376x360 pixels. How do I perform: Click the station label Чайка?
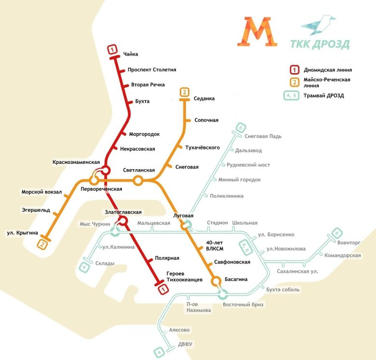pos(131,54)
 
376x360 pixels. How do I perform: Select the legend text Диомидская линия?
pos(327,70)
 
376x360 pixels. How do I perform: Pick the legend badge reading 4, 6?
pos(291,95)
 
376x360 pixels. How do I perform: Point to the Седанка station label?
pos(204,99)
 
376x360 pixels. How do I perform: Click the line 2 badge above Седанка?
pos(184,92)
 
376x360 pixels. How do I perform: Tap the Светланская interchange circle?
pos(138,181)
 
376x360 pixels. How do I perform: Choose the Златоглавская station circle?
pos(123,221)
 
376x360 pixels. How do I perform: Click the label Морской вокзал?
pos(41,192)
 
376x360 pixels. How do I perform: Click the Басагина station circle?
pos(216,280)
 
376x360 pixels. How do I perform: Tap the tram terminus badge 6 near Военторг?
pos(336,235)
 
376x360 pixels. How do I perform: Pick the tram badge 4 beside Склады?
pos(85,267)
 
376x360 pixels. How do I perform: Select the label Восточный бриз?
pos(243,305)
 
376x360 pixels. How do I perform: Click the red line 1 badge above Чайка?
pos(112,49)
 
